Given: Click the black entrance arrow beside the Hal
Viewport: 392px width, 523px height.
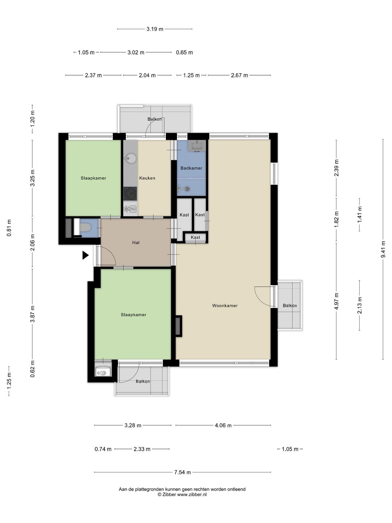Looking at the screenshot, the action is pyautogui.click(x=85, y=255).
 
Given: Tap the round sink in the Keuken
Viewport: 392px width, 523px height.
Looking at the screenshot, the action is pyautogui.click(x=130, y=158).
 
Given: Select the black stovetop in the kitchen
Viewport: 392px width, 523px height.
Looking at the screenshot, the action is pyautogui.click(x=130, y=194).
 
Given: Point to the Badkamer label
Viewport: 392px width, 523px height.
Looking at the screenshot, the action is pyautogui.click(x=191, y=168).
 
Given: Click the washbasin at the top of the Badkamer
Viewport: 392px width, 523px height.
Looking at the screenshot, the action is pyautogui.click(x=197, y=145).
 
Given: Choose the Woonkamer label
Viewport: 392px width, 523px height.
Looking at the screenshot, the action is pyautogui.click(x=225, y=305).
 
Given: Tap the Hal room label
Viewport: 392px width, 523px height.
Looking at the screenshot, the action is pyautogui.click(x=136, y=243).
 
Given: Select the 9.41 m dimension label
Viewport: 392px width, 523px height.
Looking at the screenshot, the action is pyautogui.click(x=383, y=249).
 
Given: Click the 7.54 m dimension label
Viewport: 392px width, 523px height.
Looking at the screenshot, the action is pyautogui.click(x=183, y=472).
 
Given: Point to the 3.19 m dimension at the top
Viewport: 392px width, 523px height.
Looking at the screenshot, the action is pyautogui.click(x=155, y=29).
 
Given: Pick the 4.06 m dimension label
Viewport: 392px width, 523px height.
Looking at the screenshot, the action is pyautogui.click(x=223, y=425).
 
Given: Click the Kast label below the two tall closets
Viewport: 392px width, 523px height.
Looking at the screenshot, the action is pyautogui.click(x=195, y=237).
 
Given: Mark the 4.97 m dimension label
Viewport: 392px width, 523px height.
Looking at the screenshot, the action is pyautogui.click(x=336, y=301).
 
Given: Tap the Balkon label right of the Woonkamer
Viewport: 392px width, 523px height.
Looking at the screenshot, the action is pyautogui.click(x=290, y=305).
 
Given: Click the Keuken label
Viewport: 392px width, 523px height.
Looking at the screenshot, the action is pyautogui.click(x=147, y=178).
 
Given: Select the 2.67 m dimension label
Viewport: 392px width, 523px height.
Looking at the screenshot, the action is pyautogui.click(x=240, y=75).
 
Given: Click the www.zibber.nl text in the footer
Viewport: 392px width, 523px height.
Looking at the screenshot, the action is pyautogui.click(x=192, y=494).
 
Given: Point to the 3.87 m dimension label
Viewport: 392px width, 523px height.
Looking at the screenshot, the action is pyautogui.click(x=33, y=314).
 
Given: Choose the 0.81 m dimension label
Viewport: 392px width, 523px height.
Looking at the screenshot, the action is pyautogui.click(x=9, y=228).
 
